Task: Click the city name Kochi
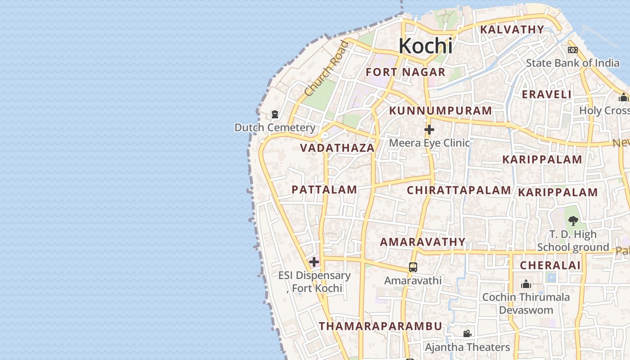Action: point(425,46)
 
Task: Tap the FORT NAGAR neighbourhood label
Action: point(405,72)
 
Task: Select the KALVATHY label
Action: point(512,30)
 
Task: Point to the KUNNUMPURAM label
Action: point(441,111)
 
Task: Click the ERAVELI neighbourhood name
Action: point(546,94)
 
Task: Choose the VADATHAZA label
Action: point(337,148)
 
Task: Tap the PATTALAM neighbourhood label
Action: point(324,190)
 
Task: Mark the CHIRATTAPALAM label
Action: point(459,190)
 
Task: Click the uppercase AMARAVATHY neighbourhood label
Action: point(423,242)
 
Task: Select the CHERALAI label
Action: point(550,265)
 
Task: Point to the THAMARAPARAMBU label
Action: point(380,326)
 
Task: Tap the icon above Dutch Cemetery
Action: point(275,115)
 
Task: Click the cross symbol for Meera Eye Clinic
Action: point(429,130)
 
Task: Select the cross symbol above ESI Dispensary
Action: point(314,262)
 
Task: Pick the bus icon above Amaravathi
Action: point(413,267)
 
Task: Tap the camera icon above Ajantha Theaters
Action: point(467,334)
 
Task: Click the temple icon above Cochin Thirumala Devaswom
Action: point(526,284)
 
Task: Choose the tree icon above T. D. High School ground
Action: point(573,220)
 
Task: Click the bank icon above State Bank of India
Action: point(572,50)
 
